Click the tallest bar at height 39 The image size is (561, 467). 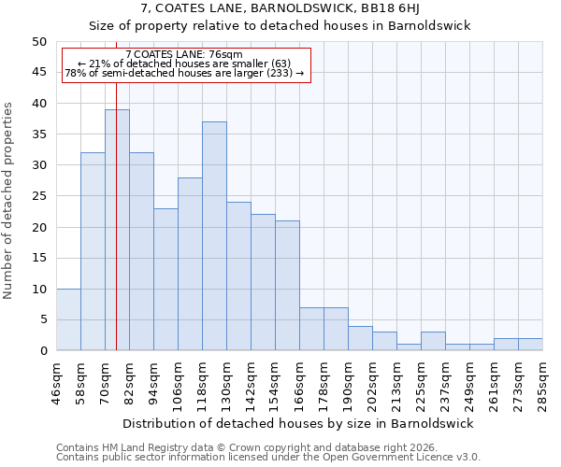[x=117, y=230]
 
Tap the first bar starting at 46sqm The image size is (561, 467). [x=68, y=319]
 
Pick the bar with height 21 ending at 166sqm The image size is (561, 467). [x=287, y=286]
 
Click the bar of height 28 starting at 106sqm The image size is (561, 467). [x=190, y=264]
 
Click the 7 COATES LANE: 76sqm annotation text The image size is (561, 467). [x=184, y=55]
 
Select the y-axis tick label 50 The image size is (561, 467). [x=38, y=42]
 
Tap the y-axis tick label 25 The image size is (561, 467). [x=38, y=196]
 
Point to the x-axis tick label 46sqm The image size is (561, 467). [x=56, y=383]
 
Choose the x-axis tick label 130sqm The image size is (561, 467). [x=226, y=383]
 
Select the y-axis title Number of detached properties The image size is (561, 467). [x=9, y=201]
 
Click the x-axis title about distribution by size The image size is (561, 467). [x=297, y=423]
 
